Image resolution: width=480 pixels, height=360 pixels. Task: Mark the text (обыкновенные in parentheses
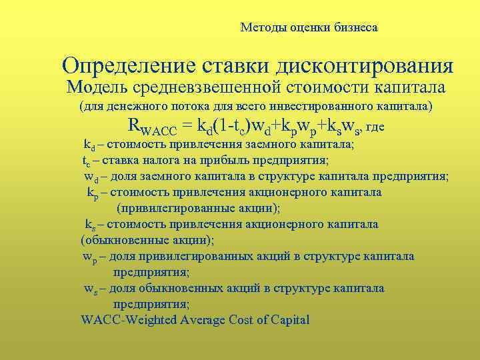[117, 239]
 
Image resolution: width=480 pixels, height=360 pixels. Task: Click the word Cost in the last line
[260, 320]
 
